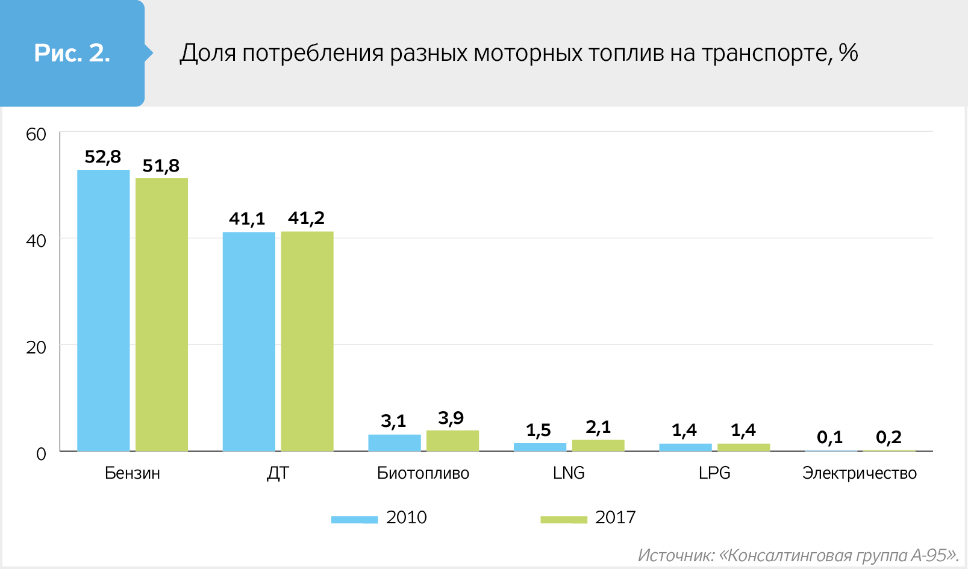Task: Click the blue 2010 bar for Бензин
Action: click(103, 310)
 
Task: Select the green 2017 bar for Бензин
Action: click(161, 314)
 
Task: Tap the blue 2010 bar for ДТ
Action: click(249, 341)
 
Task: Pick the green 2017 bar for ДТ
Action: click(307, 341)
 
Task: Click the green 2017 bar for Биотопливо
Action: click(452, 441)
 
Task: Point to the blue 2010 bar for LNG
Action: click(540, 447)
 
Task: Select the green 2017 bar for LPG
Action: click(743, 447)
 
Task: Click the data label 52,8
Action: click(103, 157)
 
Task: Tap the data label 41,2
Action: click(306, 218)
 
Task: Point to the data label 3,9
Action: click(451, 418)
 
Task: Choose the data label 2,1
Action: click(598, 428)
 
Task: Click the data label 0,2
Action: click(888, 437)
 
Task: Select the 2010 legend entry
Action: click(379, 518)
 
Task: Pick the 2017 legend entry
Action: click(589, 518)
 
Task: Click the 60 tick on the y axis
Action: click(36, 134)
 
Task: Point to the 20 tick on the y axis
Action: click(36, 347)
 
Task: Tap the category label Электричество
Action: click(859, 473)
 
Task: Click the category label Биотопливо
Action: click(423, 473)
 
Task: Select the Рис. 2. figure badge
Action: click(72, 53)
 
